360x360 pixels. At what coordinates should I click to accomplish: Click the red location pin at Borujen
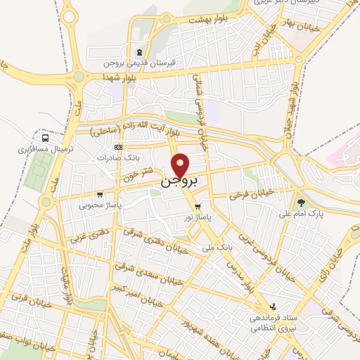click(181, 165)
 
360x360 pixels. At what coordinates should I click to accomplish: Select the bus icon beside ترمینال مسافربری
click(46, 139)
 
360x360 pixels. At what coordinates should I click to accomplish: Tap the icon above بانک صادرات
click(118, 147)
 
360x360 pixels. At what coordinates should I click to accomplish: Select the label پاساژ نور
click(198, 218)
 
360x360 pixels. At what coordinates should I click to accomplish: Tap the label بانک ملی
click(217, 247)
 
